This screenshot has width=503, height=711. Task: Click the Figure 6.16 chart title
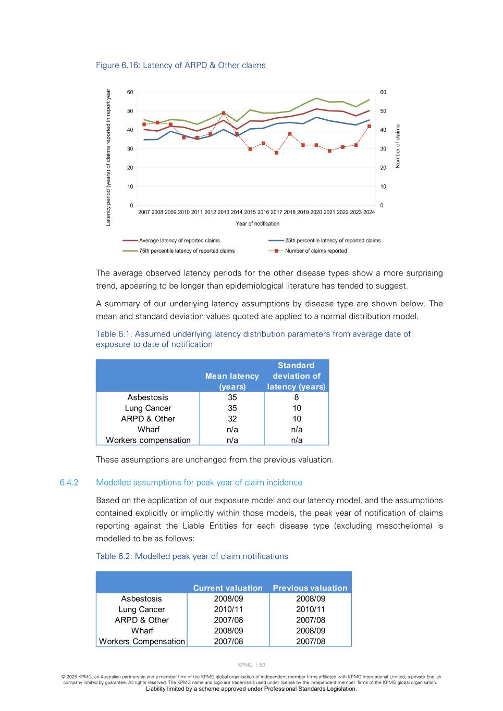180,65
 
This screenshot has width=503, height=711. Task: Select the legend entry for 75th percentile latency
186,251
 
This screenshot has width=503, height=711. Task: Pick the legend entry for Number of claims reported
315,251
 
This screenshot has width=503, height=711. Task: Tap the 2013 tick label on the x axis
223,213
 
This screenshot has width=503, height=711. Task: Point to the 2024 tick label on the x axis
369,213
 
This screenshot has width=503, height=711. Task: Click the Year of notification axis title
257,224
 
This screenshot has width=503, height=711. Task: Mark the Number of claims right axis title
398,146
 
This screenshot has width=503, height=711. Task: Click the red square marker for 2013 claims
224,113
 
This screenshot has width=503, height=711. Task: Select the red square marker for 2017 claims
276,153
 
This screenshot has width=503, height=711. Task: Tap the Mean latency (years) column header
232,381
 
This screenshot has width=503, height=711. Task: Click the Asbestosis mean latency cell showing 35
232,397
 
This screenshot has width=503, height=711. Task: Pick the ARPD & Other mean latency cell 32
232,419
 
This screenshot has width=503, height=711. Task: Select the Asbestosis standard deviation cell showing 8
297,397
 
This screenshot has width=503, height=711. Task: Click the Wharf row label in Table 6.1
148,430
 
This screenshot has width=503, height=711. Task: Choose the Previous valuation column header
310,588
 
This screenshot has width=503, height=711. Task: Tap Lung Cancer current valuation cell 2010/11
228,609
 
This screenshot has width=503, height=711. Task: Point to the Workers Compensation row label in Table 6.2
142,642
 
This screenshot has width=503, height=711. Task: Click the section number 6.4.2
69,482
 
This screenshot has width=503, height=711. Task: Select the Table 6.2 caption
192,556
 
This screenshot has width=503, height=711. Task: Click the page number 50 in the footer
262,665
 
